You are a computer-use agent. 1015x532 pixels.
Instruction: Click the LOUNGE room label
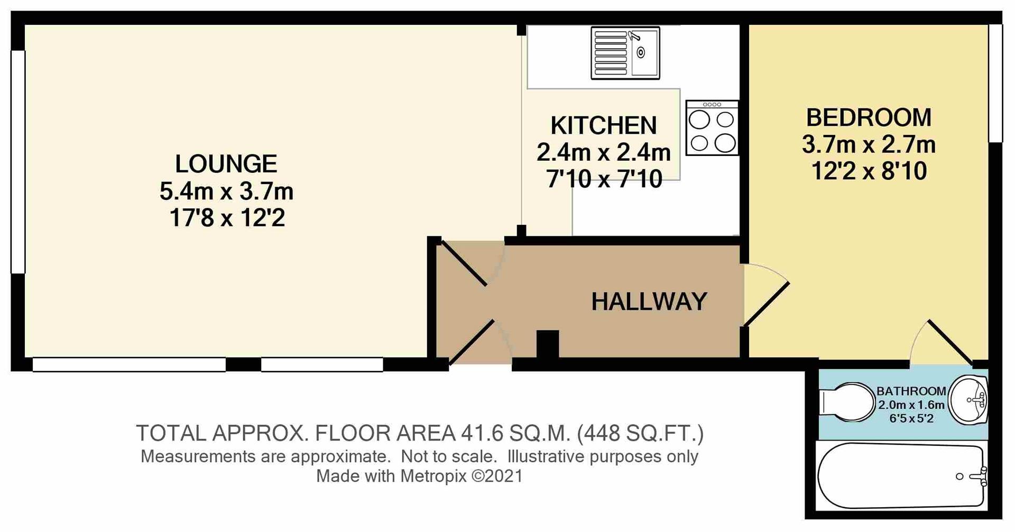tap(226, 164)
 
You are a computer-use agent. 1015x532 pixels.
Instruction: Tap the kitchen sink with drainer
tap(625, 53)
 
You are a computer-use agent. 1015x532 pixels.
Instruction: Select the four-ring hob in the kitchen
tap(712, 128)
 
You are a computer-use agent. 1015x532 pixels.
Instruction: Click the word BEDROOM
tap(869, 117)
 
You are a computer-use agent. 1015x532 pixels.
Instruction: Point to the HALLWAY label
tap(649, 302)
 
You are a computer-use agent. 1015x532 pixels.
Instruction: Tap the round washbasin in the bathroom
tap(968, 401)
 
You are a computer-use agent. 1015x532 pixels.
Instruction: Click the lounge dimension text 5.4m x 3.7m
tap(226, 191)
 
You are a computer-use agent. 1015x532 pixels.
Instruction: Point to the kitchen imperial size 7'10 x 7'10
tap(604, 180)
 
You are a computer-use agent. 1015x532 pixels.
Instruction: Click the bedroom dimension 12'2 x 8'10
tap(869, 171)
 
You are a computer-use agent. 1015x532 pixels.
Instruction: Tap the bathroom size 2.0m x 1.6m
tap(911, 405)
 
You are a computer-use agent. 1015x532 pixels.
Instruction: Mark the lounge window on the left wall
tap(18, 161)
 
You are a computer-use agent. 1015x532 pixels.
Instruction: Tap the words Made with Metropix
tap(391, 476)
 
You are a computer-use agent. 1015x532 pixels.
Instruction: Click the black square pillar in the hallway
tap(547, 344)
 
